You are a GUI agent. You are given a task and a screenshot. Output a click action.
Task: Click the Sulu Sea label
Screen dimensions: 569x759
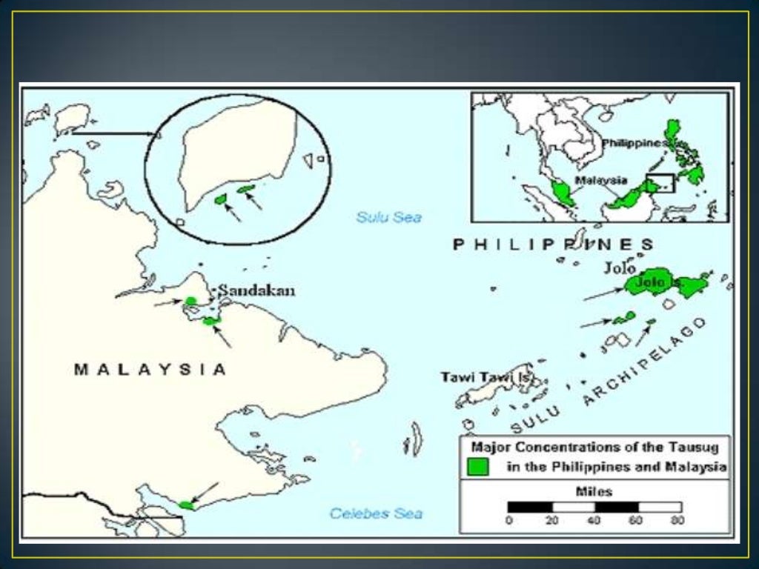tap(388, 217)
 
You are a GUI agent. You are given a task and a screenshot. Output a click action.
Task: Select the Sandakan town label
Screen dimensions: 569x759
tap(256, 290)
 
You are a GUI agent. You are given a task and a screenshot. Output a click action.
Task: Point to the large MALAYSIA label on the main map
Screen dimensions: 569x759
tap(150, 369)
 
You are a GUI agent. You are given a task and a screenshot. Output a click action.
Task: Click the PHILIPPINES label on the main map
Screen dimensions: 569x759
tap(553, 244)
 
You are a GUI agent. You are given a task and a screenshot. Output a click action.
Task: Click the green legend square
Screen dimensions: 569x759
tap(478, 467)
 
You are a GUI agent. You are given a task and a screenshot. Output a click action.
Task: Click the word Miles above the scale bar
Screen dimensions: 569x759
tap(594, 491)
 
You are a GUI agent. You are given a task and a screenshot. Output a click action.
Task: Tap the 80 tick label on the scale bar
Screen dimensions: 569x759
tap(677, 521)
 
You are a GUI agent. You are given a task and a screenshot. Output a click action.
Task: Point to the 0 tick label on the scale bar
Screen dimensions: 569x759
tap(508, 521)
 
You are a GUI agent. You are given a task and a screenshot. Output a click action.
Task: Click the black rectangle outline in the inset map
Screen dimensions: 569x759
tap(659, 182)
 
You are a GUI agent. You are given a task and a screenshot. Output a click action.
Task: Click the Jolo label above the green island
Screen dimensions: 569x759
tap(620, 267)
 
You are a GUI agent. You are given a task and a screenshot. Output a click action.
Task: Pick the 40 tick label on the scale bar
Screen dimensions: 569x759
tap(594, 521)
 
